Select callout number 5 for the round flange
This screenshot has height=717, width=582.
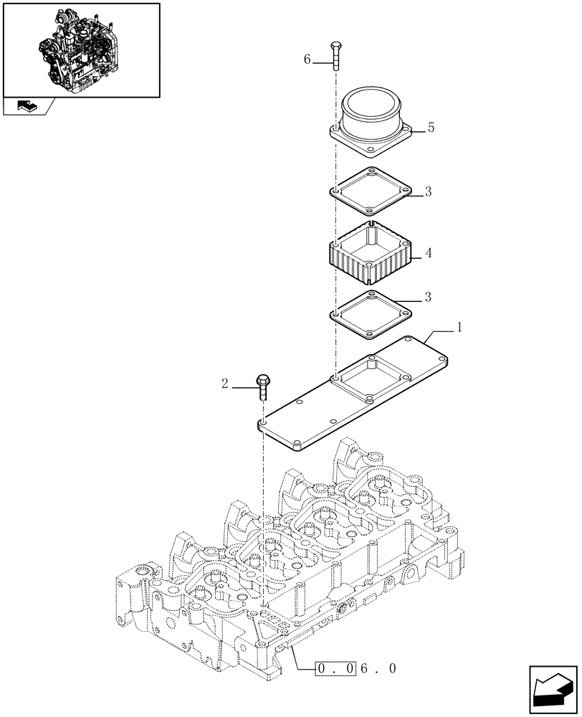[x=430, y=128]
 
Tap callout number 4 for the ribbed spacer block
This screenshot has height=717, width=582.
[x=428, y=253]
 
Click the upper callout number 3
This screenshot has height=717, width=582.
[x=427, y=191]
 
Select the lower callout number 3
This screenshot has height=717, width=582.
[x=427, y=296]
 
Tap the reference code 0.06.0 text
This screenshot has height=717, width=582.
[x=356, y=668]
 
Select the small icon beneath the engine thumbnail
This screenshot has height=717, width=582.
[x=27, y=106]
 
